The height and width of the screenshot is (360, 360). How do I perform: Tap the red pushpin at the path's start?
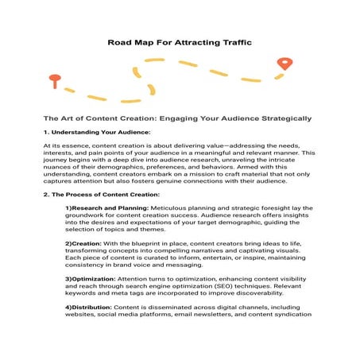click(55, 79)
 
